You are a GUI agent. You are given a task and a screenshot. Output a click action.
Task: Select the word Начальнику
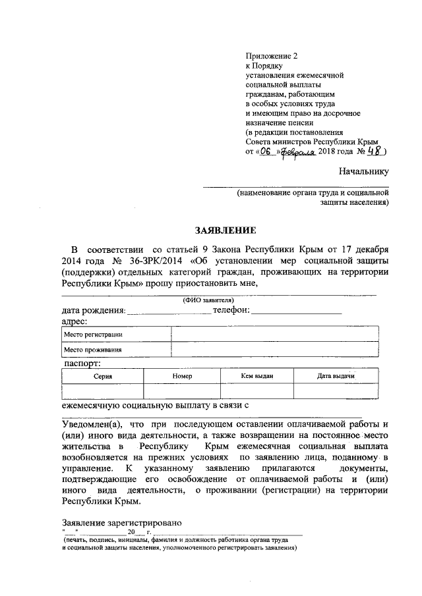point(363,172)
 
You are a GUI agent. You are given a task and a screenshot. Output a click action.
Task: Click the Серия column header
point(102,375)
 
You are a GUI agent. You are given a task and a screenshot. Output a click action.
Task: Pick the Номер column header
point(181,375)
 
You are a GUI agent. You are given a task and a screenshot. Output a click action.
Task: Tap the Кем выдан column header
point(257,375)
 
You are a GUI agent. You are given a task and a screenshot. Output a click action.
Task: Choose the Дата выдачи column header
point(336,375)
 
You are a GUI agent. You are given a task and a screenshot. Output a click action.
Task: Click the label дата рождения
point(93,310)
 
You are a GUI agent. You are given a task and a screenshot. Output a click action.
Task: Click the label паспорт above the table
point(82,363)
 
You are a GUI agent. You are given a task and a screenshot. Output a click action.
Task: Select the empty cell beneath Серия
point(102,391)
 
